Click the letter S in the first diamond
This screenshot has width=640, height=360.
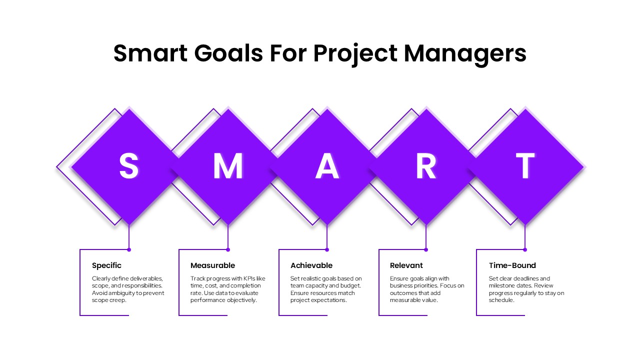tap(128, 166)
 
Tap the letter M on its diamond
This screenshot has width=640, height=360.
tap(228, 166)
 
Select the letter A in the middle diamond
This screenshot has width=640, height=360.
tap(327, 166)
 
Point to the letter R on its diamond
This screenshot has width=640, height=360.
tap(426, 166)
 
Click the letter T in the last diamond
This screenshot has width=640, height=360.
tap(525, 166)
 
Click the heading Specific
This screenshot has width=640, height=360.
tap(106, 265)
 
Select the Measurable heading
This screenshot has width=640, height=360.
tap(212, 265)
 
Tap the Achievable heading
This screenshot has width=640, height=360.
tap(311, 265)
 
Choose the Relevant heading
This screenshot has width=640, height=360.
tap(406, 265)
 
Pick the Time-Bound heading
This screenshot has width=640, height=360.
tap(512, 265)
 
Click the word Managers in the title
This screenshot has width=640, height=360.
tap(465, 53)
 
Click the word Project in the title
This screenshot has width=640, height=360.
tap(355, 53)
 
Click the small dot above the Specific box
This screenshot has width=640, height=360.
tap(129, 249)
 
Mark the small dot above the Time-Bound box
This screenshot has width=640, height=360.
tap(525, 249)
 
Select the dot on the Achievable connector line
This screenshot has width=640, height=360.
tap(327, 249)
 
